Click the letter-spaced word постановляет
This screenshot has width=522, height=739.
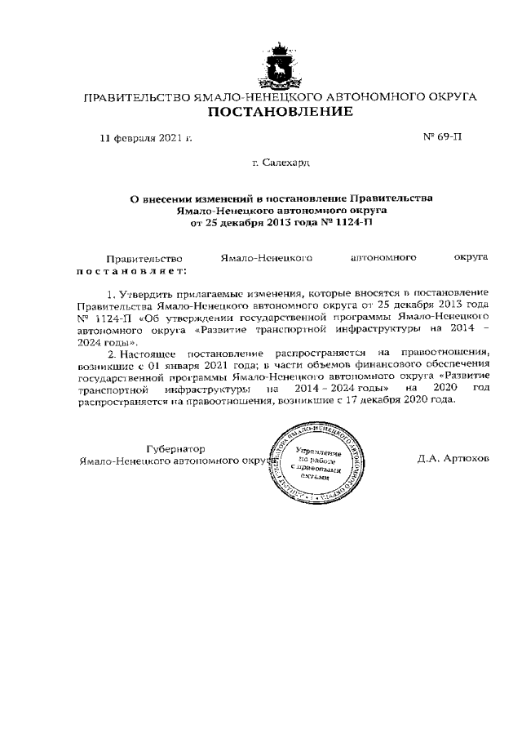tap(130, 270)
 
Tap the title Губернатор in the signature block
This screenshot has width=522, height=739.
tap(175, 448)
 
